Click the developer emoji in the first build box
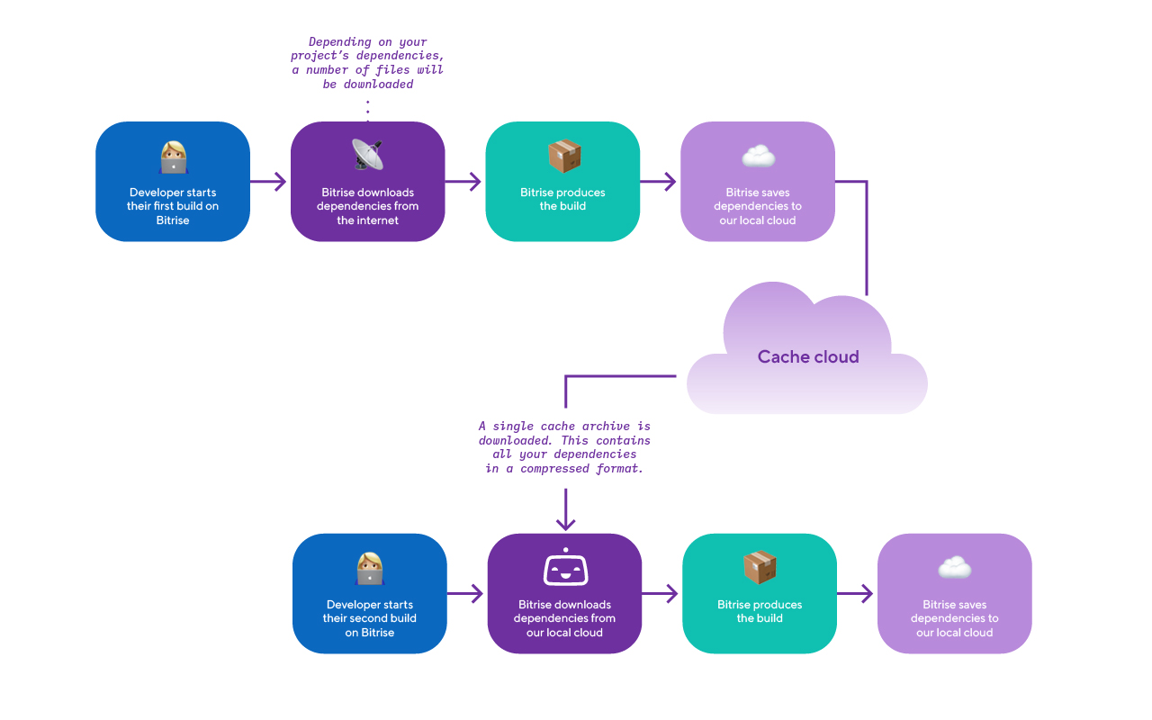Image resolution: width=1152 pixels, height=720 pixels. pyautogui.click(x=173, y=157)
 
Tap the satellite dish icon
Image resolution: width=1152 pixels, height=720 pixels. pyautogui.click(x=367, y=155)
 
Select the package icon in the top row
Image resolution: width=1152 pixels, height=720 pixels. pyautogui.click(x=564, y=156)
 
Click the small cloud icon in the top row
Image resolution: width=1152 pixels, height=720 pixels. pyautogui.click(x=758, y=157)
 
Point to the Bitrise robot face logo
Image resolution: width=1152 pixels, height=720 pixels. pyautogui.click(x=565, y=568)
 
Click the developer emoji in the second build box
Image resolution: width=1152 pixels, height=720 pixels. pyautogui.click(x=370, y=568)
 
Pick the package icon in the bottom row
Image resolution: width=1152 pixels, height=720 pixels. pyautogui.click(x=760, y=567)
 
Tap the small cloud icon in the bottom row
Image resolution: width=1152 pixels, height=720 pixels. pyautogui.click(x=954, y=568)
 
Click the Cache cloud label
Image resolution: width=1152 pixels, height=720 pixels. pyautogui.click(x=808, y=356)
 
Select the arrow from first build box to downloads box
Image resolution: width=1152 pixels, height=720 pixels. pyautogui.click(x=269, y=182)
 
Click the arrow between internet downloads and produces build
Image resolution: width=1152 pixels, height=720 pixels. pyautogui.click(x=464, y=182)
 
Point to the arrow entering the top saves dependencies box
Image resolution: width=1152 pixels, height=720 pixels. pyautogui.click(x=660, y=182)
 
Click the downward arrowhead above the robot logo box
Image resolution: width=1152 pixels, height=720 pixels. pyautogui.click(x=565, y=522)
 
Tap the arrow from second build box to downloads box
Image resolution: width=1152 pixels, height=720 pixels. pyautogui.click(x=466, y=594)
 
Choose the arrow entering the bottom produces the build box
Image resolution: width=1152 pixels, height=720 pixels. pyautogui.click(x=661, y=594)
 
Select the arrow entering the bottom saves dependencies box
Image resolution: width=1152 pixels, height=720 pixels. pyautogui.click(x=856, y=594)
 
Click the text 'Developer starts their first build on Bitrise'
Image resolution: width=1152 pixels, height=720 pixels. pyautogui.click(x=173, y=206)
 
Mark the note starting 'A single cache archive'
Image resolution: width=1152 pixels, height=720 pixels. pyautogui.click(x=564, y=447)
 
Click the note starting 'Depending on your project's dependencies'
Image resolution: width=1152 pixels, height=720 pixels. pyautogui.click(x=367, y=63)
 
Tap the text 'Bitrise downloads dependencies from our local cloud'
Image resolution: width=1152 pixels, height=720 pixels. pyautogui.click(x=564, y=618)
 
